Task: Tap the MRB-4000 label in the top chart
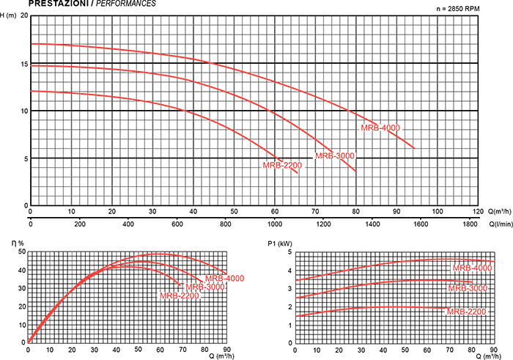coord(380,128)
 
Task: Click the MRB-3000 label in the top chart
coord(334,155)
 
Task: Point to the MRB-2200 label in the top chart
coord(282,165)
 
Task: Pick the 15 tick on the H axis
coord(23,64)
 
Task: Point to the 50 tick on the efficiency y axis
coord(22,251)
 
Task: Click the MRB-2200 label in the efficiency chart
coord(180,295)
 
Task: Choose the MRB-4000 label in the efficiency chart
coord(224,278)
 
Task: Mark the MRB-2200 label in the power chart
coord(467,312)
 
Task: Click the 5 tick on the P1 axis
coord(289,251)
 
